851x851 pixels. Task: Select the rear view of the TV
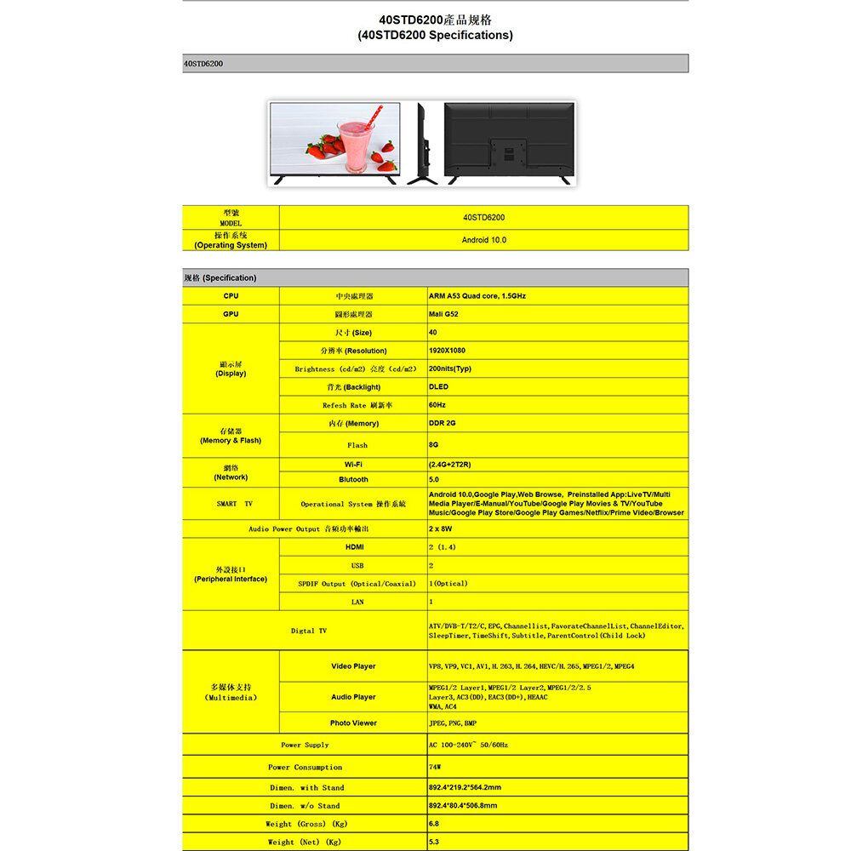coord(507,141)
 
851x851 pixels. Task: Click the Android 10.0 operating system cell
coord(483,240)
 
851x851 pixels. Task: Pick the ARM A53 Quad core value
coord(477,296)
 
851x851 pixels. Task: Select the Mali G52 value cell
coord(443,314)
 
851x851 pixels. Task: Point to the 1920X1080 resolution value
coord(447,351)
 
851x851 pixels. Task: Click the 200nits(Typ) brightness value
coord(450,369)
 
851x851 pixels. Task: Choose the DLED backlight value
coord(439,387)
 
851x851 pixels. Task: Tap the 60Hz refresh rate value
coord(437,405)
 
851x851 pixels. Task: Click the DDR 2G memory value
coord(443,423)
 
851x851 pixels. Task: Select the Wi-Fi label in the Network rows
coord(354,465)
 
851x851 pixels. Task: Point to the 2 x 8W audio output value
coord(441,529)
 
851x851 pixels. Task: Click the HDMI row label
coord(354,546)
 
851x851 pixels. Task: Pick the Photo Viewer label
coord(353,723)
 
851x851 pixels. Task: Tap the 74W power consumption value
coord(436,768)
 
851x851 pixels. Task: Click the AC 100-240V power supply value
coord(469,745)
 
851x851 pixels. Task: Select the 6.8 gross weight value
coord(434,824)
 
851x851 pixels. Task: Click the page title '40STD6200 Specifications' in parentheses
coord(435,35)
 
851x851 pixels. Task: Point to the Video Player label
coord(353,666)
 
